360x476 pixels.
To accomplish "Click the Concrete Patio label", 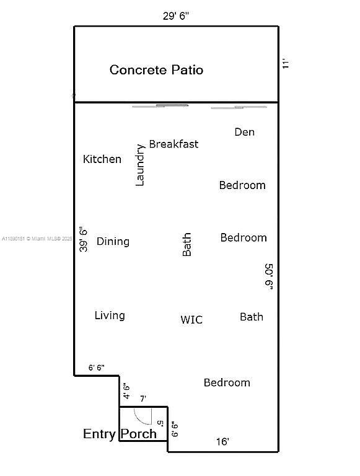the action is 156,70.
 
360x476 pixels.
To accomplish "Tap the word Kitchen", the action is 102,159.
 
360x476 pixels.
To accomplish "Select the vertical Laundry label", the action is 139,165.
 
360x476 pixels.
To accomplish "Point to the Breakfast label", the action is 173,144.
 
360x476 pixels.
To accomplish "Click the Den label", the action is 244,132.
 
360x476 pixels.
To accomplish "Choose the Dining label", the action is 113,241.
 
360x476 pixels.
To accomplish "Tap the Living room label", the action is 110,315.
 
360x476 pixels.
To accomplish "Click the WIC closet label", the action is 191,320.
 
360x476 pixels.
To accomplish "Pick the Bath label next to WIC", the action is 252,317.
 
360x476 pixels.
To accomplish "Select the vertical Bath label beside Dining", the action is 187,245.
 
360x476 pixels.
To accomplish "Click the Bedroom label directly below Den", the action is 242,185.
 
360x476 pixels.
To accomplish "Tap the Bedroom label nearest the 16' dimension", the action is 227,382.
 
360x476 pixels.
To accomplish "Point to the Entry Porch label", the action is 120,434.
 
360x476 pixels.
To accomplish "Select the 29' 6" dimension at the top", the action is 176,15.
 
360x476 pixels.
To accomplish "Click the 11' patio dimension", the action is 285,63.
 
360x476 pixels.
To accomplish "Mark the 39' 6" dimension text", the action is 83,239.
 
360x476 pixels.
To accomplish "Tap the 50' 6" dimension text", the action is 269,276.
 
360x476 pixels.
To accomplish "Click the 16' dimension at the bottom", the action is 222,441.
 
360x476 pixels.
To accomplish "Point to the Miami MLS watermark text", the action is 37,239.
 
